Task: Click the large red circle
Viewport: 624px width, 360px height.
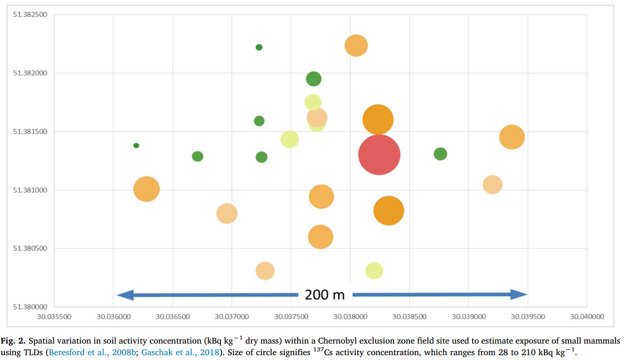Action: click(379, 155)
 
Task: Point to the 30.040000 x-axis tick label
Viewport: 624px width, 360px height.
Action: click(587, 317)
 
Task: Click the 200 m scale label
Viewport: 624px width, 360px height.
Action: click(325, 295)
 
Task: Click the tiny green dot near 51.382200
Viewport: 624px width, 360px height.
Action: click(259, 47)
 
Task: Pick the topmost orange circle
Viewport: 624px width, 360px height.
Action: click(356, 45)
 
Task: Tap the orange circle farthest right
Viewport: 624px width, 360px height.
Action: click(512, 137)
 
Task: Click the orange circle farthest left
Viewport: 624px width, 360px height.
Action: click(146, 189)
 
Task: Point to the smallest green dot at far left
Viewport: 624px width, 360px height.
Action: click(136, 145)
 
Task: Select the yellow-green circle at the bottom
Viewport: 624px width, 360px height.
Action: click(374, 271)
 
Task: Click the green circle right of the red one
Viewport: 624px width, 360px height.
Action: click(440, 154)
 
